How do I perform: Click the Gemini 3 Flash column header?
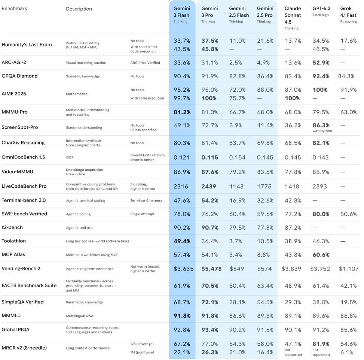(181, 12)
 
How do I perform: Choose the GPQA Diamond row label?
(19, 76)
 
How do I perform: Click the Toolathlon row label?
(14, 241)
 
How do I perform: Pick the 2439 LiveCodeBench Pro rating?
(209, 186)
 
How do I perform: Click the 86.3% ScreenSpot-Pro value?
(321, 125)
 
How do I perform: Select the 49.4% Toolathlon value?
(182, 241)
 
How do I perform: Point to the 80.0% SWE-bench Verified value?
(321, 214)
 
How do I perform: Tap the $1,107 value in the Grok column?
(348, 269)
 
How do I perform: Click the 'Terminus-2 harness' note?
(146, 200)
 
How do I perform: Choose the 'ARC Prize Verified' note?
(145, 63)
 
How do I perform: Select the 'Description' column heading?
(79, 9)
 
